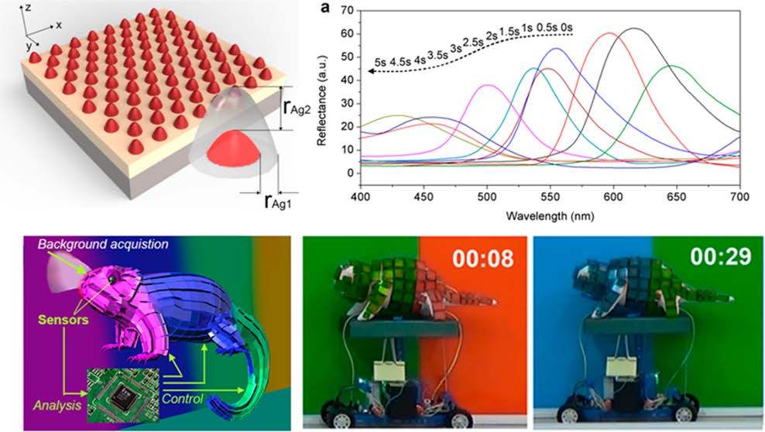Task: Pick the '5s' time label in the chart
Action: [x=379, y=61]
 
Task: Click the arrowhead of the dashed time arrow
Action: [x=371, y=70]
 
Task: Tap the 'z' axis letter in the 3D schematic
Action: [x=28, y=7]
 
